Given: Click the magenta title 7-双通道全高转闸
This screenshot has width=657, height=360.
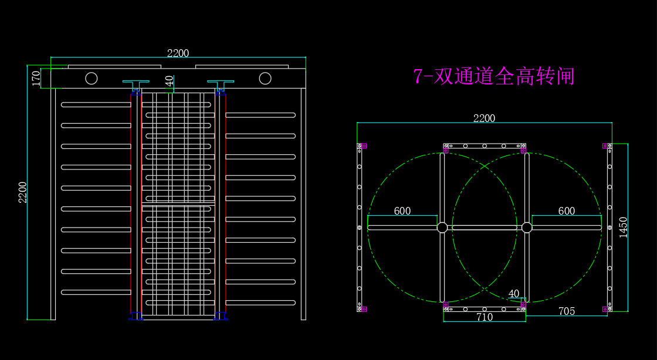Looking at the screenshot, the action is (493, 76).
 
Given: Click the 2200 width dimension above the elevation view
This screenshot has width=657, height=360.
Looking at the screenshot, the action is (178, 53).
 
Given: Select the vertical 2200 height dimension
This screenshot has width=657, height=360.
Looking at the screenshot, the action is (23, 192).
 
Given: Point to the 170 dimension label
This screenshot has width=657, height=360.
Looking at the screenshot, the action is (36, 78).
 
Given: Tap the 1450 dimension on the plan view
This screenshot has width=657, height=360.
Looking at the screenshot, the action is (623, 227).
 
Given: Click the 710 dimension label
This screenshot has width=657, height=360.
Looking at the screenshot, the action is (485, 317).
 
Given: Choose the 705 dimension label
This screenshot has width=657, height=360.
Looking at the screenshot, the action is (567, 311).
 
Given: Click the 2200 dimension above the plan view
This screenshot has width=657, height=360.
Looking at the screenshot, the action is (485, 118).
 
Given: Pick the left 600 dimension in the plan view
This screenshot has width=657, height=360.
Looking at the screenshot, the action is (402, 211).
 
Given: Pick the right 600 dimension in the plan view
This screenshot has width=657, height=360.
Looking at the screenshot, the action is (567, 211).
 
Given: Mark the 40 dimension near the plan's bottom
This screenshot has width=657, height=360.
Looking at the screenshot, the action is (514, 294).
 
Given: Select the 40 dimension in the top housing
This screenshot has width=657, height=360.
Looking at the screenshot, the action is (170, 80).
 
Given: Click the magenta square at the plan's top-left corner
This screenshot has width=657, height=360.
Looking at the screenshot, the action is (364, 146).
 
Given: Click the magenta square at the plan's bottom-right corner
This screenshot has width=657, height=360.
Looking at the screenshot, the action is (605, 310).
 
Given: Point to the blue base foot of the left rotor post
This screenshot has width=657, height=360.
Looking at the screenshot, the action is (136, 317).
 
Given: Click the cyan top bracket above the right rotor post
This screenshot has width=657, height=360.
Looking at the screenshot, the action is (221, 81).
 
